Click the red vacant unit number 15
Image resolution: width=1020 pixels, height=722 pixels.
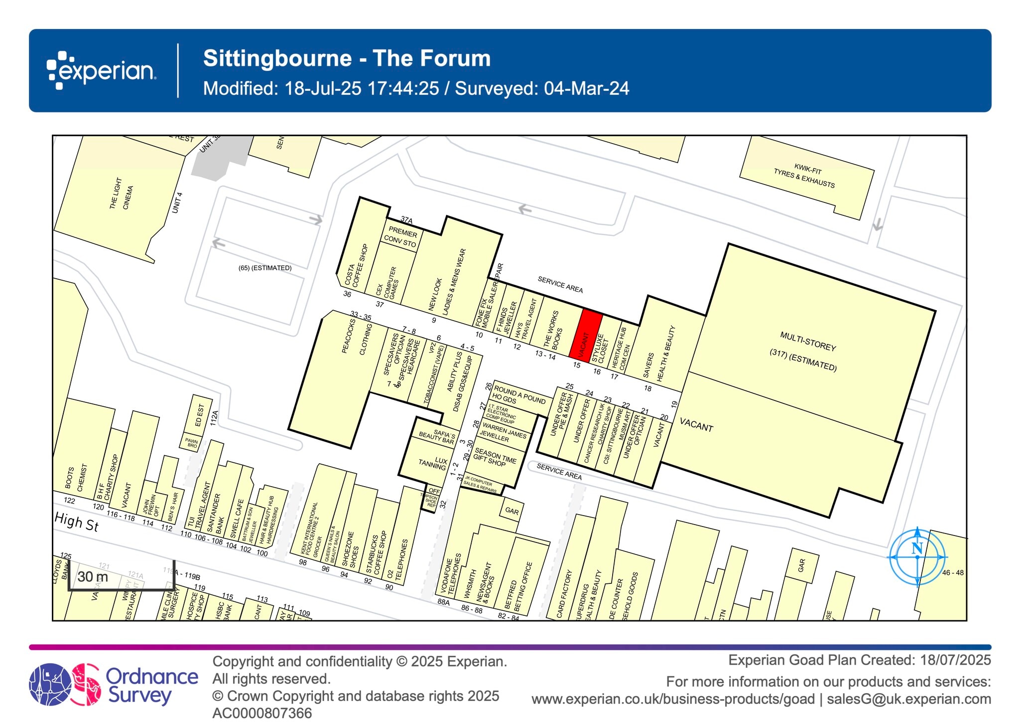(x=585, y=334)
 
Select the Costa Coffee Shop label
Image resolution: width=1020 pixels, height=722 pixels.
(x=356, y=266)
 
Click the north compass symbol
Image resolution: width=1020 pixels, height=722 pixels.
(x=917, y=556)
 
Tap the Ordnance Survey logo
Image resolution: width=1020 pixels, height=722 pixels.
(x=114, y=685)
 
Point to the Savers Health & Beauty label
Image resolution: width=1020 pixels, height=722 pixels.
(x=659, y=355)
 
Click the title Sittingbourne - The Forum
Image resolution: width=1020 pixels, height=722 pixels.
(x=347, y=58)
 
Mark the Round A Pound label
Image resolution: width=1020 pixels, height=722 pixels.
(x=518, y=395)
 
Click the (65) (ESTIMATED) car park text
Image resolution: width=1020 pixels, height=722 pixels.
(x=265, y=268)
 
